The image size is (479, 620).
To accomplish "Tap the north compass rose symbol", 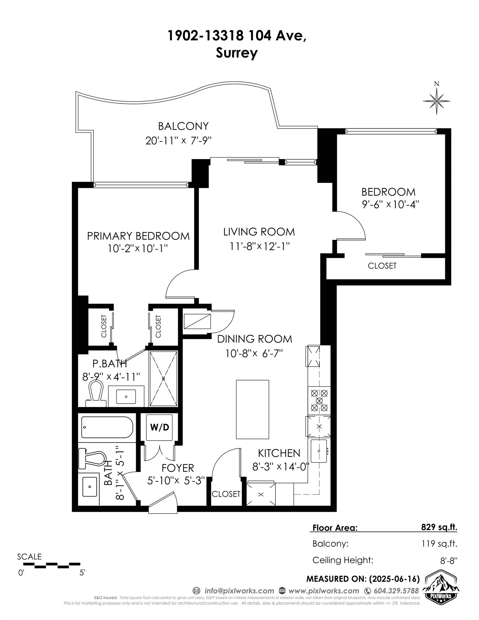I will coord(436,100).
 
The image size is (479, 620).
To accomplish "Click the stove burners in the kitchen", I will coord(319,401).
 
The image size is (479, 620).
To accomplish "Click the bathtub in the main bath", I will coord(107,428).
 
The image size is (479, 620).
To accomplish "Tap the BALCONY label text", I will coord(183,126).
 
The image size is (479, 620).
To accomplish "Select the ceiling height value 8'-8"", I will coord(449,561).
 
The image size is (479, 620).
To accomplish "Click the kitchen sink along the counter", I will coord(319,451).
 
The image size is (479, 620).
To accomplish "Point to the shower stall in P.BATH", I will coord(163,379).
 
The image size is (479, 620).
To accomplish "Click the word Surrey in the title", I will coord(237,53).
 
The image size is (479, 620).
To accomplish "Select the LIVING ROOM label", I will coord(259,232).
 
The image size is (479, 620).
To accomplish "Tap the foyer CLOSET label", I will coord(226,494).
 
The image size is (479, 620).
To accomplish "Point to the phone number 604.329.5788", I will coord(396,591).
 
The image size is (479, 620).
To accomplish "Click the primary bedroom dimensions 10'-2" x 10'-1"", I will coord(138,249).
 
